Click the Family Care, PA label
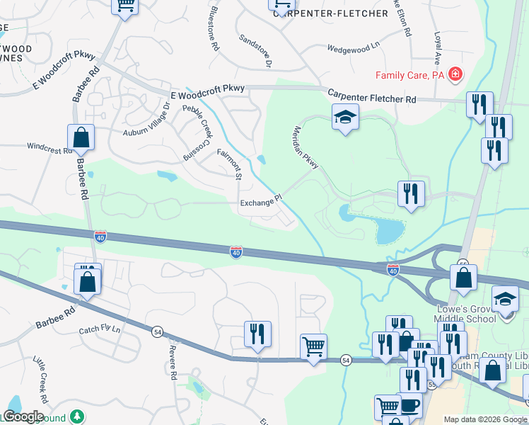[409, 74]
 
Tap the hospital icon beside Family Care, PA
[455, 74]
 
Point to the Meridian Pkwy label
[306, 147]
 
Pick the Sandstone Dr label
[255, 51]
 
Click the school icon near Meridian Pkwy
[346, 118]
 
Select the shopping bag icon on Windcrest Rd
[81, 138]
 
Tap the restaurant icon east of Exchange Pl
[411, 193]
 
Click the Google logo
[23, 416]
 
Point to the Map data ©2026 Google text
[484, 419]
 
